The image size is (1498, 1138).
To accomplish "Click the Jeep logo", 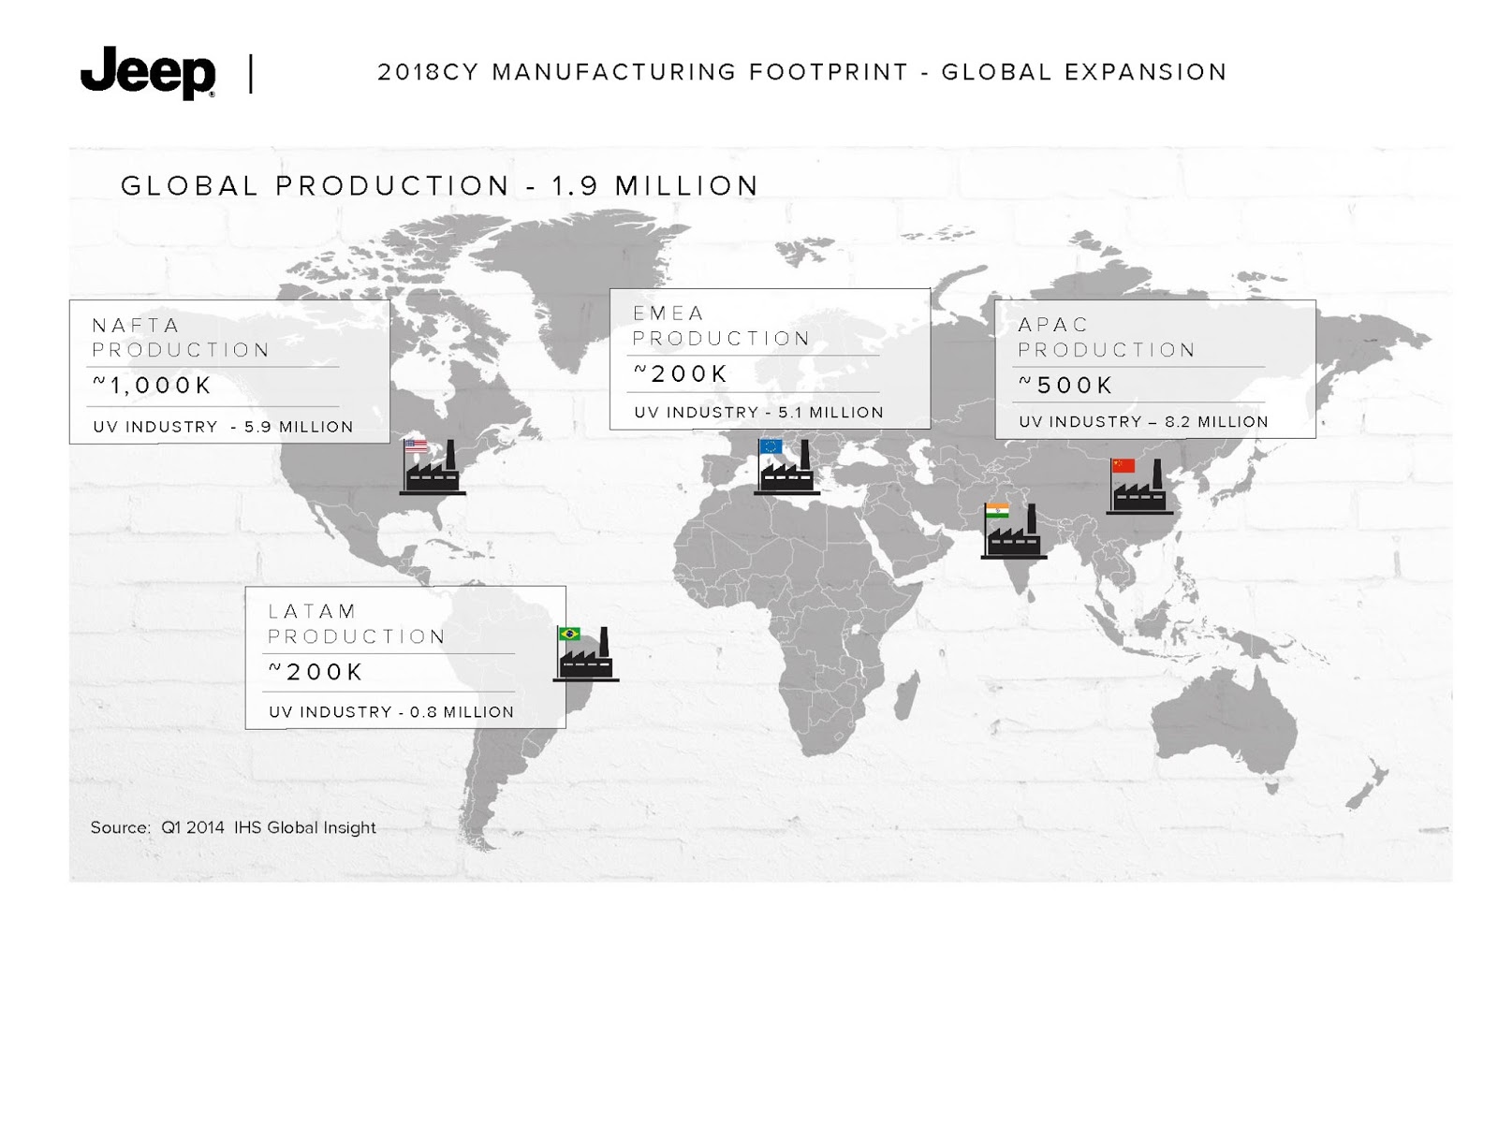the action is point(147,72).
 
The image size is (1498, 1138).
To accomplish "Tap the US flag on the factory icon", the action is point(416,445).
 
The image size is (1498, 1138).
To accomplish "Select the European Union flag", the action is point(771,446).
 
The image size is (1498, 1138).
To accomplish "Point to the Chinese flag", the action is point(1123,466).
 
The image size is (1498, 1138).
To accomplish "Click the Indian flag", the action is point(997,511).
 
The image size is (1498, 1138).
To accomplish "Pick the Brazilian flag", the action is point(569,634).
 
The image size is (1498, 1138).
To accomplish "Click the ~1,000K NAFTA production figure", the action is point(153,386).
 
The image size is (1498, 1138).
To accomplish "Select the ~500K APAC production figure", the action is point(1065,385).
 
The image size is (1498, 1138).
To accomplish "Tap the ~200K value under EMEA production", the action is point(681,373).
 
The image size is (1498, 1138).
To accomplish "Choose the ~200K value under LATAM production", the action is point(316,672).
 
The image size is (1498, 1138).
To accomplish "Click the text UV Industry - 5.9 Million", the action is point(223,427).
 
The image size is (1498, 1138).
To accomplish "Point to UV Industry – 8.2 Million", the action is point(1144,421).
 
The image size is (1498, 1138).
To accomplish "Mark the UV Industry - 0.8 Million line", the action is point(391,712).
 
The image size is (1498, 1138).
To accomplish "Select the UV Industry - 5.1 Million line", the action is point(759,413).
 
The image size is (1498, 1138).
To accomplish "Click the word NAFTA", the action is point(136,326).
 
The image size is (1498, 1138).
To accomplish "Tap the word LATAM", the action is point(312,611).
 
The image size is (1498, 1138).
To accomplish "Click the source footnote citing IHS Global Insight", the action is point(233,827).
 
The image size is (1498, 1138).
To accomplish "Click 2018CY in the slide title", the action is point(429,72).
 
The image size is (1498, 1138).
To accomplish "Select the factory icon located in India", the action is point(1013,532).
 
